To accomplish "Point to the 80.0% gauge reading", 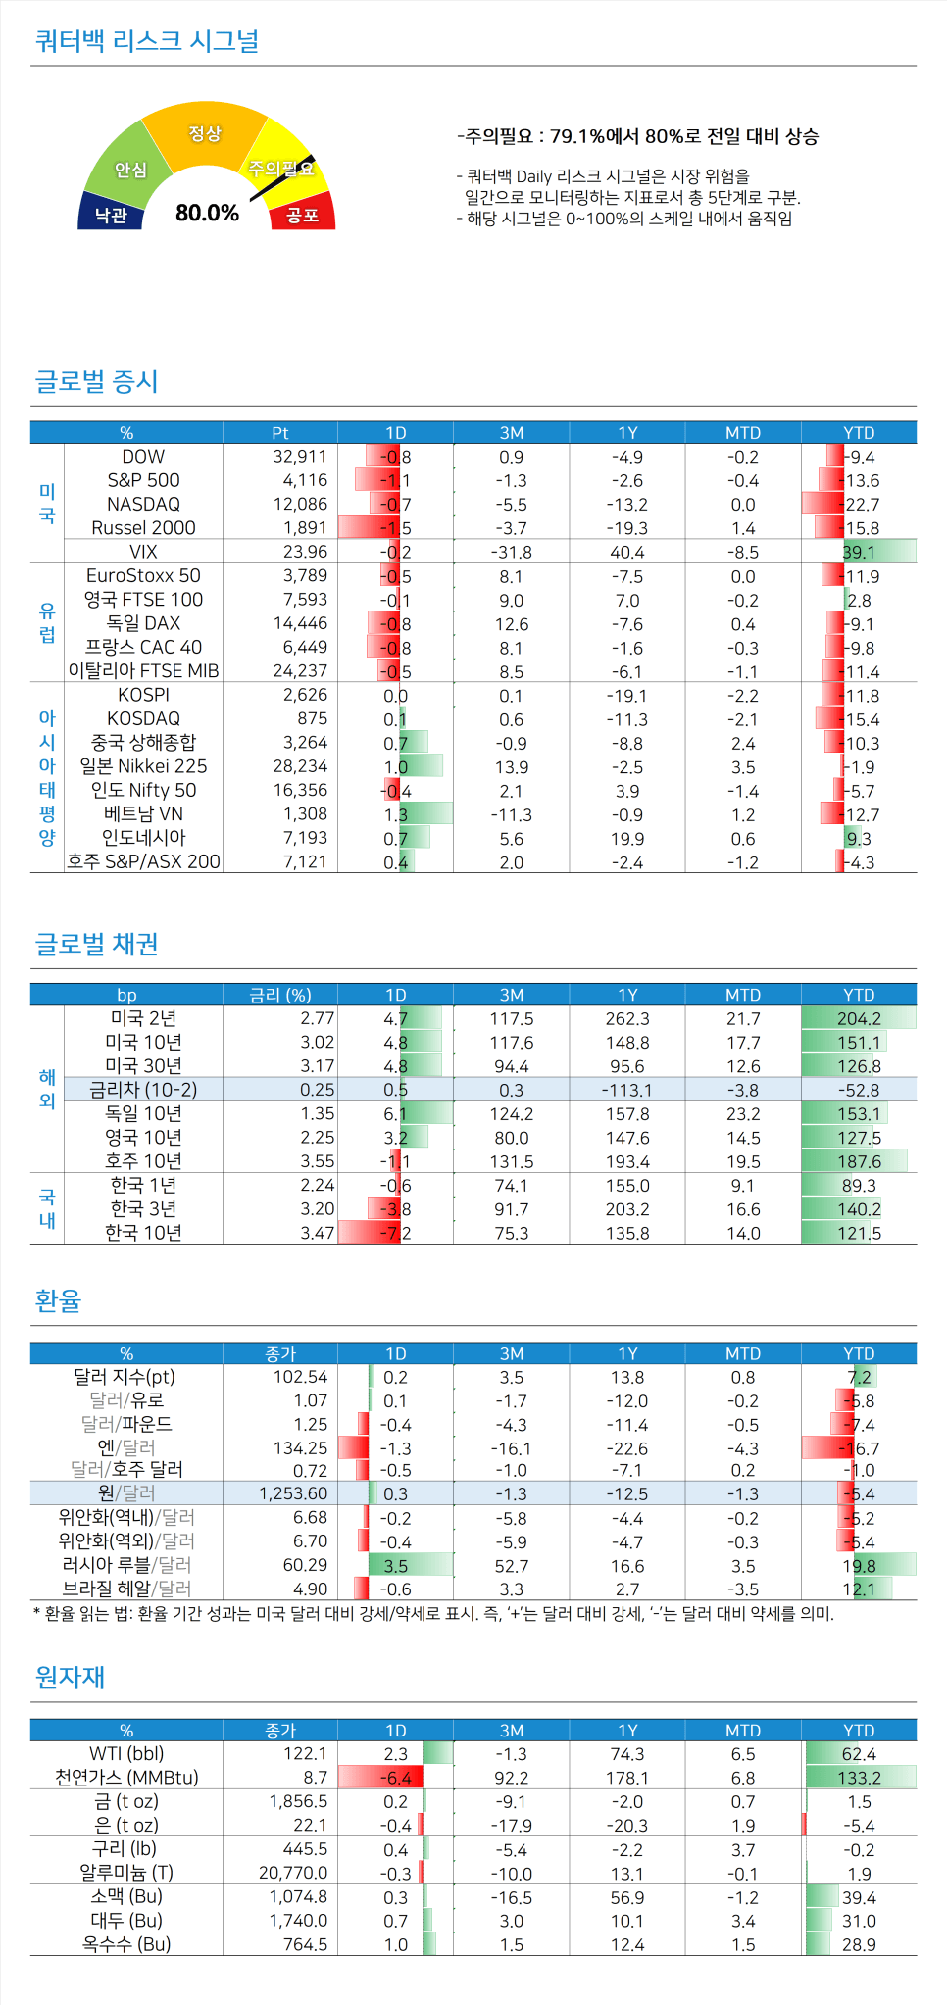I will pos(207,213).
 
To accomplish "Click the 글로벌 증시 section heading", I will pos(96,381).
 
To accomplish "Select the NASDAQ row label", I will pos(143,504).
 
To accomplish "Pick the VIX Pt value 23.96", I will pos(305,552).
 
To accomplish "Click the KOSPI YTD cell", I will pos(860,696).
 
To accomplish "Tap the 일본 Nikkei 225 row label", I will pos(143,766).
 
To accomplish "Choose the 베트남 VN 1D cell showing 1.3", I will pos(396,814).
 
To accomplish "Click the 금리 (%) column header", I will pos(280,995).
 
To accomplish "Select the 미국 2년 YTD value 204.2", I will pos(859,1019).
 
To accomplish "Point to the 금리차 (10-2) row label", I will pos(143,1090).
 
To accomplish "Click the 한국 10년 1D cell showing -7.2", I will pos(396,1233).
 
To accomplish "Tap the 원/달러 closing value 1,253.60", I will pos(293,1493).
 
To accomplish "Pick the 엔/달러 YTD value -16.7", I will pos(859,1448).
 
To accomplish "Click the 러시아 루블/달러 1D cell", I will pos(396,1565).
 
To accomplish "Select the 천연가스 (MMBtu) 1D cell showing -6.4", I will pos(396,1778).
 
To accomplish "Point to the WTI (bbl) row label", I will pos(126,1753).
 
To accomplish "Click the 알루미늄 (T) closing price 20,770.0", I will pos(293,1873).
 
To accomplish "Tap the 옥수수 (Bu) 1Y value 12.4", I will pos(627,1944).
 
